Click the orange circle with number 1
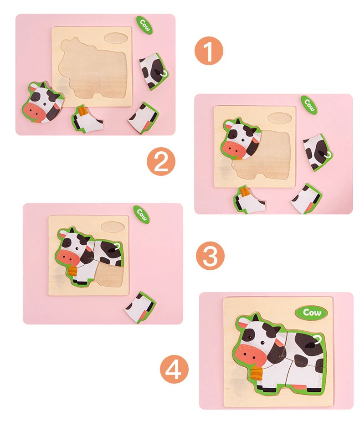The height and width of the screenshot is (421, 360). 209,51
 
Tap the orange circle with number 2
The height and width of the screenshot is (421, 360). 160,162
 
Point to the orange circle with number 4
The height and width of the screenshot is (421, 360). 174,369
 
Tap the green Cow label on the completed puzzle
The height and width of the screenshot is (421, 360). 311,313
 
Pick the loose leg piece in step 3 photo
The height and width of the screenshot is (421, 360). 140,307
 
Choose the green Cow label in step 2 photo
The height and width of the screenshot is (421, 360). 309,105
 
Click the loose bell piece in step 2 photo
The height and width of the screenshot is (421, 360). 249,200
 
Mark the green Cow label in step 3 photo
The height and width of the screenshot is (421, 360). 141,214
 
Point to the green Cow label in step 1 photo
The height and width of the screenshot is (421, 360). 144,24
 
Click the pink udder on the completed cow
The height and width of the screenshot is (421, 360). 298,386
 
